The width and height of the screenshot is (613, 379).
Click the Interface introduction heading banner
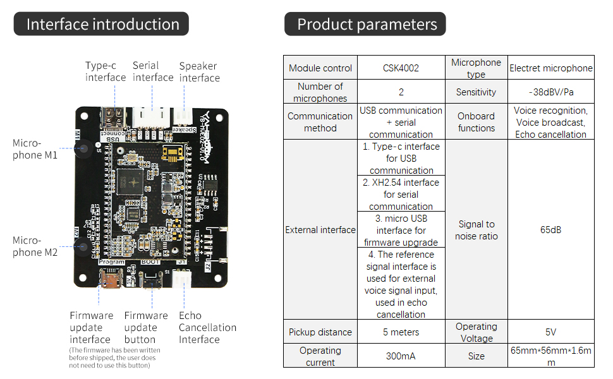tap(103, 25)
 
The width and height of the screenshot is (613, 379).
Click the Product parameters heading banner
tap(367, 25)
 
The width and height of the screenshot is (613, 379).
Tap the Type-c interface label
tap(106, 71)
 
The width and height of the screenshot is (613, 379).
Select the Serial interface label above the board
tap(153, 71)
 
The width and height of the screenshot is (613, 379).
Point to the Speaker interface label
tap(199, 72)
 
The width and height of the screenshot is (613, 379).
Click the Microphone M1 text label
tap(35, 149)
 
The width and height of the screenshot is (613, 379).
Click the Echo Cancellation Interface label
tap(207, 327)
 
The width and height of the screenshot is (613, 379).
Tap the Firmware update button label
tap(146, 327)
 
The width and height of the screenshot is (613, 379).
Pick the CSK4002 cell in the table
tap(401, 68)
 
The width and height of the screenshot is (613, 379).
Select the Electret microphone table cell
tap(550, 68)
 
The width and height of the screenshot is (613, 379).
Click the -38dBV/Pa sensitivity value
tap(550, 92)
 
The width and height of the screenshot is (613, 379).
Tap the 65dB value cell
tap(550, 230)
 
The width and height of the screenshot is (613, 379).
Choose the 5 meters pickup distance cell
tap(401, 332)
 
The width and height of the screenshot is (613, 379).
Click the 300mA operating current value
tap(401, 356)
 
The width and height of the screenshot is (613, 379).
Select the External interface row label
tap(320, 230)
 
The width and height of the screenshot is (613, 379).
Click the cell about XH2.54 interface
tap(401, 194)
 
